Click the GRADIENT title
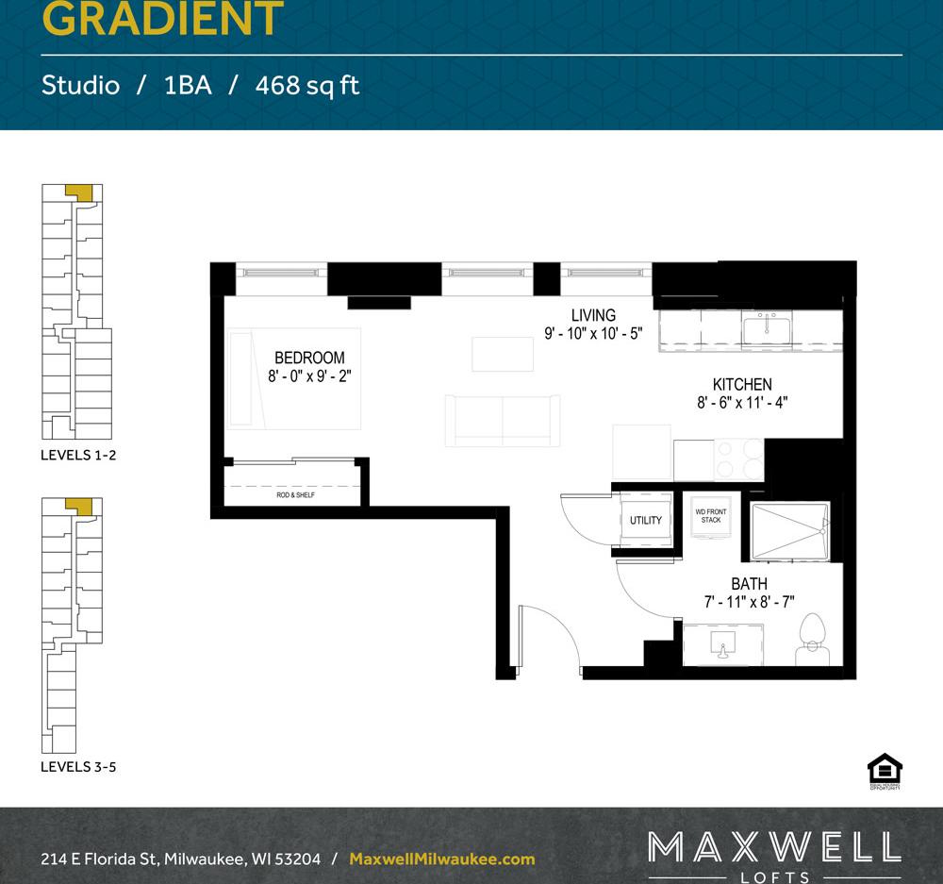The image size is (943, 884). (163, 19)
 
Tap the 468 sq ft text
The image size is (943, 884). (307, 86)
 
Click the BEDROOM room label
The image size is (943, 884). (309, 358)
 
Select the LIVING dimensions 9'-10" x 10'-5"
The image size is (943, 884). (593, 333)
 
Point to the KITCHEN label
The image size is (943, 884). (742, 384)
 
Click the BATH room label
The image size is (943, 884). (749, 584)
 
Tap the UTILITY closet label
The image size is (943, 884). (646, 520)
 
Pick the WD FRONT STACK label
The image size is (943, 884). (710, 516)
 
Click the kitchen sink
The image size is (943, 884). (766, 329)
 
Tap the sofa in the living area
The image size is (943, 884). (502, 420)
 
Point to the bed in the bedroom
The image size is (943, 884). (293, 378)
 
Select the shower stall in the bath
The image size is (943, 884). (789, 532)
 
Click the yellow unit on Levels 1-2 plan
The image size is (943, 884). (80, 192)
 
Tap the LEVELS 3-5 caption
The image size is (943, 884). (78, 767)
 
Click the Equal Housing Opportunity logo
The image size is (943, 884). (885, 770)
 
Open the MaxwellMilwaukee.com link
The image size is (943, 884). (441, 859)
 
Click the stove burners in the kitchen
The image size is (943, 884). (739, 459)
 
